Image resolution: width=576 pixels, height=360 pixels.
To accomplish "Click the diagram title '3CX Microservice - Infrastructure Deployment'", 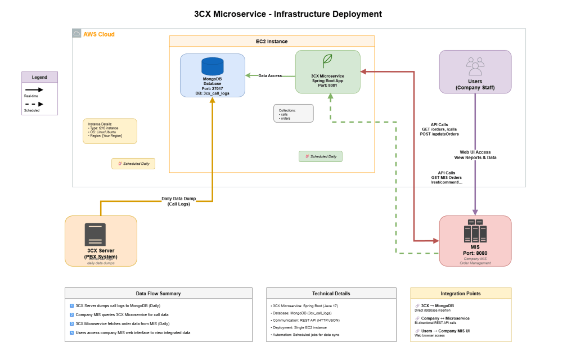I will (x=287, y=13).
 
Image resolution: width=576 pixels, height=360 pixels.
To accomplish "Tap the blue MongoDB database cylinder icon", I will (x=212, y=66).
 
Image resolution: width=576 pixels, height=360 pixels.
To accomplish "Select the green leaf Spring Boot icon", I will (x=327, y=61).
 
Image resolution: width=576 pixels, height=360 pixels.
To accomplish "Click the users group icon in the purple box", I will (x=475, y=66).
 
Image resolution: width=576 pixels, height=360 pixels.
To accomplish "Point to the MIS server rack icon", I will (x=475, y=231).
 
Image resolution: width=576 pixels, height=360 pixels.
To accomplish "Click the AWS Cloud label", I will (x=98, y=34).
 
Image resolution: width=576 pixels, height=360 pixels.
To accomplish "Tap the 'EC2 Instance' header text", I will (x=272, y=42).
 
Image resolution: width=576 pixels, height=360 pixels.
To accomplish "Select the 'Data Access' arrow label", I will (x=270, y=75).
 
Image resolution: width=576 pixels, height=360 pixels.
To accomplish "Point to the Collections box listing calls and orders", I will (x=293, y=113).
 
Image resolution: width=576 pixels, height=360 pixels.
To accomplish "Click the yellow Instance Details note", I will (x=109, y=131).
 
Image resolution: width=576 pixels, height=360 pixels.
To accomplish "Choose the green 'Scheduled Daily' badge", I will (x=321, y=156).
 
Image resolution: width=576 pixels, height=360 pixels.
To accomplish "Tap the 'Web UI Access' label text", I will (x=475, y=152).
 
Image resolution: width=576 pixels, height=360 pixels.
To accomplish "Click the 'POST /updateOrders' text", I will (x=439, y=134).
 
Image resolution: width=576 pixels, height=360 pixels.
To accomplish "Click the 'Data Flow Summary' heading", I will (x=158, y=293).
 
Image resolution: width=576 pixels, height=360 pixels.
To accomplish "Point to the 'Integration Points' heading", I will (x=461, y=293).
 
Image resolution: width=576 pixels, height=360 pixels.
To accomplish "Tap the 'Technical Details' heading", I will (x=331, y=293).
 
